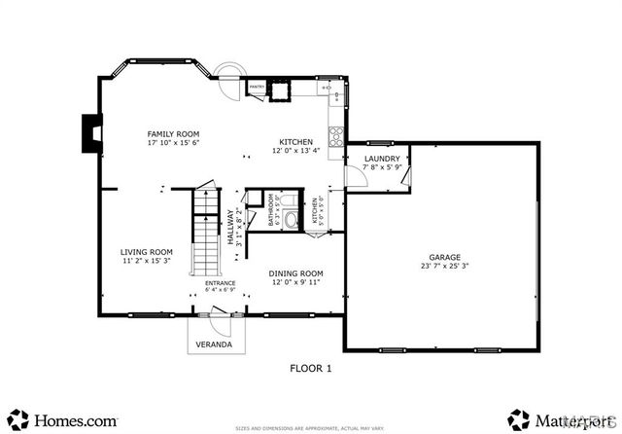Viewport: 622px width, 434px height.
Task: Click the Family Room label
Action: [x=173, y=133]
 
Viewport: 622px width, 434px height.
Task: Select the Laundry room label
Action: [x=381, y=159]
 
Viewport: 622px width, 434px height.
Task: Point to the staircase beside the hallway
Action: [x=207, y=234]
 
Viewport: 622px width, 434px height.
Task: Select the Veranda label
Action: [x=215, y=345]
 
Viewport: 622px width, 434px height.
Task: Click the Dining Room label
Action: [x=295, y=273]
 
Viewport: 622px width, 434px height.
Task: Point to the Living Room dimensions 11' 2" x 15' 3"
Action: [x=147, y=261]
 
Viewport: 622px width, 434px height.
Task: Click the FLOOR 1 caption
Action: [x=311, y=368]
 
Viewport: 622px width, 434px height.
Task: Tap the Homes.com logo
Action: [x=62, y=420]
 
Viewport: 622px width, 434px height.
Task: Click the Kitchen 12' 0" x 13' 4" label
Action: [x=294, y=145]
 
